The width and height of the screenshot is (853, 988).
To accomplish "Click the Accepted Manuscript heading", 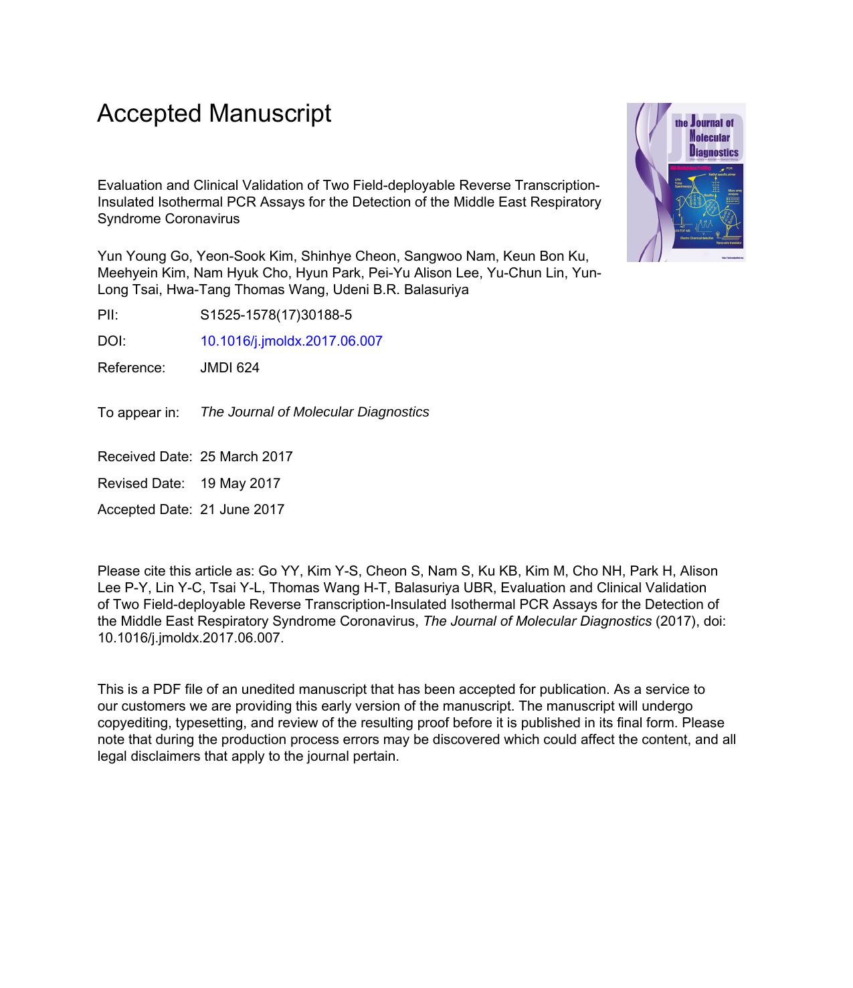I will tap(214, 114).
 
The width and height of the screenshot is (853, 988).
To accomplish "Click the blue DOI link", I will tap(291, 341).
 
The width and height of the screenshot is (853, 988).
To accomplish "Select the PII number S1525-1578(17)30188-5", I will tap(276, 315).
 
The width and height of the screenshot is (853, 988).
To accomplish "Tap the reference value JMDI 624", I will tap(229, 368).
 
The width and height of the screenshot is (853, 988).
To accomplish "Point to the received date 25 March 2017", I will tap(246, 457).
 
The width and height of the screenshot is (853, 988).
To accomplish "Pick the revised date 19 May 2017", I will tap(240, 483).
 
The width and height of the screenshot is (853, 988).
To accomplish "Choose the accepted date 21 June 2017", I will tap(242, 509).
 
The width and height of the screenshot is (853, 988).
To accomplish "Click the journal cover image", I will tap(686, 182).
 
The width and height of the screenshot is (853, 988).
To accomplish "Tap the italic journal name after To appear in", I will tap(314, 412).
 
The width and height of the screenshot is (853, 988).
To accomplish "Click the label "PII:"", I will tap(108, 315).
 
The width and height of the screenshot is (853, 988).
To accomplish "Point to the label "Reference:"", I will tap(131, 368).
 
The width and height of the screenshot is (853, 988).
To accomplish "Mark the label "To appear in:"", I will tap(138, 412).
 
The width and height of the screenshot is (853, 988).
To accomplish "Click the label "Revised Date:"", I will tap(140, 483).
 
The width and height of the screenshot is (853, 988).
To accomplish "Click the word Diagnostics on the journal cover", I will tap(713, 152).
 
